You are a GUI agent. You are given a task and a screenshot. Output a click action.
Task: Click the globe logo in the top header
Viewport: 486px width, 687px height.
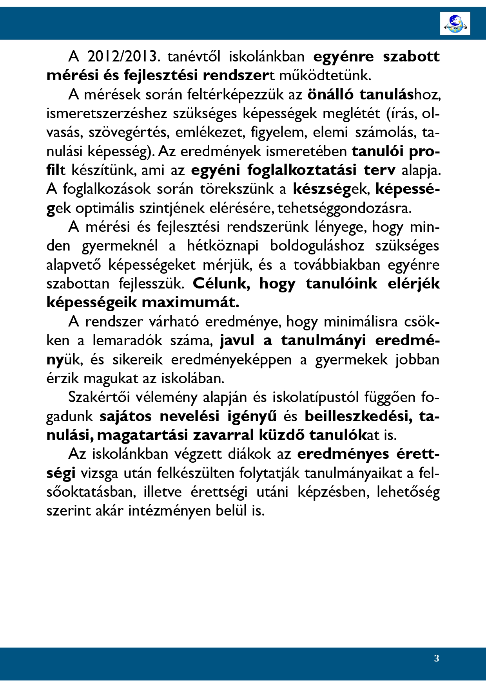455,23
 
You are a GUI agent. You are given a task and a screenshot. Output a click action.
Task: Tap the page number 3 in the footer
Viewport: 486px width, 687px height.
437,658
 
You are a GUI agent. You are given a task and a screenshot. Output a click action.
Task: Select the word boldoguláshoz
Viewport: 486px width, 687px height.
317,246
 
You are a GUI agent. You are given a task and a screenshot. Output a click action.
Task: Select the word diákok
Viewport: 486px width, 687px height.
250,454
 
